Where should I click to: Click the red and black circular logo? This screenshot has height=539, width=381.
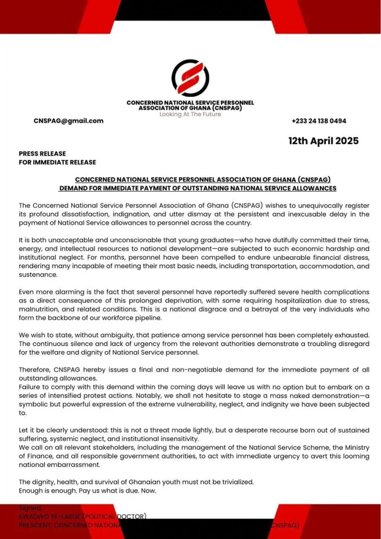click(190, 78)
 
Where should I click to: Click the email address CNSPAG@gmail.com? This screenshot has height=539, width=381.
click(68, 121)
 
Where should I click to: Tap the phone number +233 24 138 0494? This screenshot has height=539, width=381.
click(319, 121)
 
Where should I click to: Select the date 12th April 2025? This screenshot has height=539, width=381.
click(323, 141)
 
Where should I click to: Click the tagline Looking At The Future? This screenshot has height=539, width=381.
click(190, 114)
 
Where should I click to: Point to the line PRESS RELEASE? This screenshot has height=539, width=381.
click(42, 154)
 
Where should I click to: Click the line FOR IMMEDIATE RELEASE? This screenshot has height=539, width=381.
click(58, 162)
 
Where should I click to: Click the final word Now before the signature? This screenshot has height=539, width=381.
click(147, 490)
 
